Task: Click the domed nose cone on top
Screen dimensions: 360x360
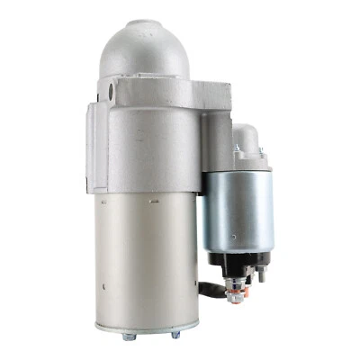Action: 147,49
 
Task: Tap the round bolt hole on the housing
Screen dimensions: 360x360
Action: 112,91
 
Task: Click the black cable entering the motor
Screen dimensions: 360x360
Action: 210,290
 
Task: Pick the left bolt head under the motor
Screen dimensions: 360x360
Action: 129,337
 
